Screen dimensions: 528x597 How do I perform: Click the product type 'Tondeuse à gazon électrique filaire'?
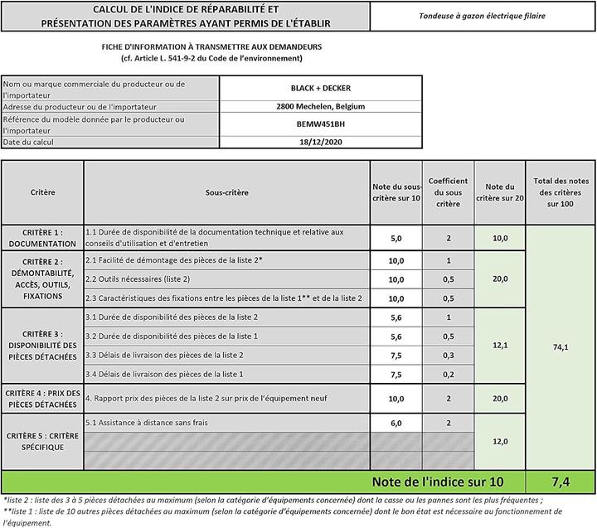pos(483,17)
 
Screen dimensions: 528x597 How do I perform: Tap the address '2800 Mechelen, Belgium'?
pos(320,106)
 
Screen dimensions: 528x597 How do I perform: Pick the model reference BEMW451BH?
pos(320,124)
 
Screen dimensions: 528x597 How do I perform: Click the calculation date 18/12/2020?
pos(320,142)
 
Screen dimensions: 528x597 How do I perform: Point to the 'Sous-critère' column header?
pos(226,191)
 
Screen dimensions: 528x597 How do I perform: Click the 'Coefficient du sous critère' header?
pos(448,191)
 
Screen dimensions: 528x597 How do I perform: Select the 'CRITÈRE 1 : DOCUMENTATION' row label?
pos(42,238)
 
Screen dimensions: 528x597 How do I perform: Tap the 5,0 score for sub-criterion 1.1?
pos(396,238)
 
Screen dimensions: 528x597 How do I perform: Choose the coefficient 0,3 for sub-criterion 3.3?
pos(448,355)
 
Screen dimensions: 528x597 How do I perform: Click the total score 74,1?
pos(561,346)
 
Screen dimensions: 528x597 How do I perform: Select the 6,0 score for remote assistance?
pos(396,423)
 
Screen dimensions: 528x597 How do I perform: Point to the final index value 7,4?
pos(561,482)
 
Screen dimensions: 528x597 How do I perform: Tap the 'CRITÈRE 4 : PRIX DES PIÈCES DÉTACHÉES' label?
pos(42,398)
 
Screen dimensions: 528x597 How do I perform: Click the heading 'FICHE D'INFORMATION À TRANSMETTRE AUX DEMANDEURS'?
pos(211,47)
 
